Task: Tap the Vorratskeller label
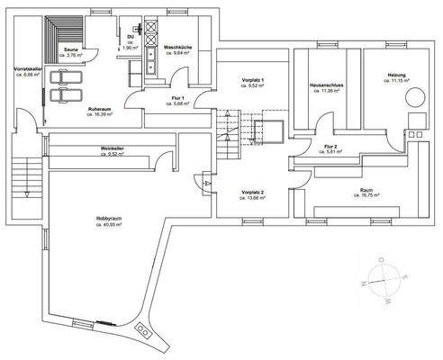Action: pos(24,69)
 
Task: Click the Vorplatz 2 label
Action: pos(251,192)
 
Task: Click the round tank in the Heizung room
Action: pos(416,97)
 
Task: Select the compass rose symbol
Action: pos(382,283)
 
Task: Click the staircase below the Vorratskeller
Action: pos(26,175)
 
